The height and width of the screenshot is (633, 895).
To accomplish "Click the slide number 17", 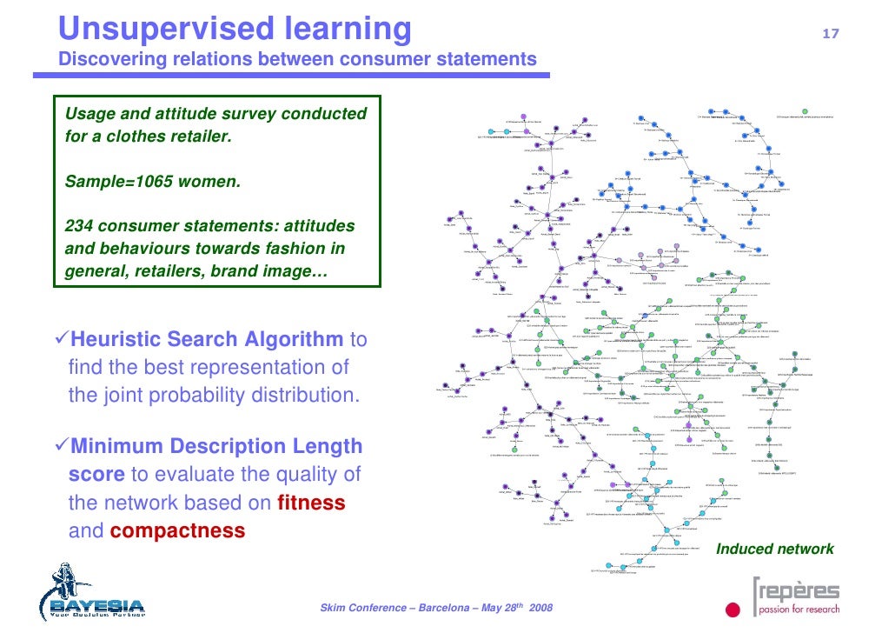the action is click(x=831, y=34).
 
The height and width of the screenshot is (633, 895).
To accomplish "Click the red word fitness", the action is click(x=311, y=503).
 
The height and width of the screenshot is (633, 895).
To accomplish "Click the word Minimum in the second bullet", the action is click(x=116, y=446).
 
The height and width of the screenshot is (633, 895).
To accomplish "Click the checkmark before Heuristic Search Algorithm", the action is click(x=60, y=338).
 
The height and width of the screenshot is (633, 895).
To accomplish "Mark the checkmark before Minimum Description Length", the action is click(x=60, y=446).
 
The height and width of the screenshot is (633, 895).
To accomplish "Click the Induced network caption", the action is click(x=774, y=549).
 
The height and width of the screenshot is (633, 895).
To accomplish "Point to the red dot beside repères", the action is click(x=733, y=610).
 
